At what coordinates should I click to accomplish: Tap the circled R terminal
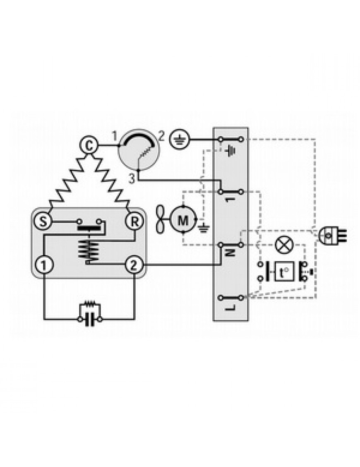tap(135, 222)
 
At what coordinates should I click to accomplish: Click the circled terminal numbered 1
tap(44, 265)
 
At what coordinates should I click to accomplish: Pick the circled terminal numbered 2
tap(134, 265)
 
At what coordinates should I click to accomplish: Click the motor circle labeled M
tap(183, 220)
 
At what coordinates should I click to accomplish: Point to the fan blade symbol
tap(161, 220)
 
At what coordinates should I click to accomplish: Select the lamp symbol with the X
tap(284, 245)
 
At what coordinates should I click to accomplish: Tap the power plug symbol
tap(331, 235)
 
